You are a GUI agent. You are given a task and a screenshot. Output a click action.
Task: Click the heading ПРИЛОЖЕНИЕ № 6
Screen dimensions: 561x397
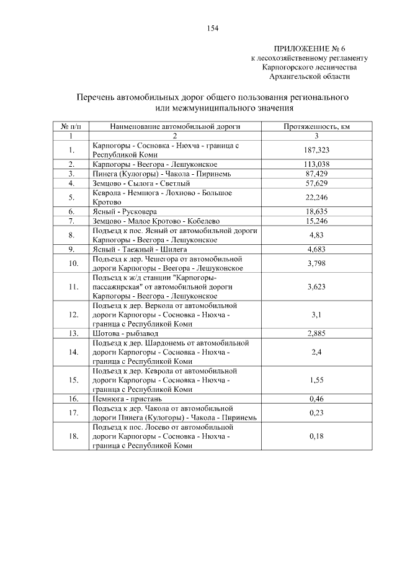308,48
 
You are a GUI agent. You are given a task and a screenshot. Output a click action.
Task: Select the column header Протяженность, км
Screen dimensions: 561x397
317,126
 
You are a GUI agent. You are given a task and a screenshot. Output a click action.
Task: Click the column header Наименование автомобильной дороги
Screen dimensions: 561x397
174,126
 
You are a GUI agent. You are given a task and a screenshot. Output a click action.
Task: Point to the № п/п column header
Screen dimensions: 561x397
71,126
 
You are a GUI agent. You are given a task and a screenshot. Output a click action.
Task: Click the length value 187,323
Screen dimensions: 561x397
317,150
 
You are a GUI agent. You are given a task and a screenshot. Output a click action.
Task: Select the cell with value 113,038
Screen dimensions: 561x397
317,164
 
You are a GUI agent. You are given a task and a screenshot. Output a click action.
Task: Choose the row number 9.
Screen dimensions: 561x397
72,249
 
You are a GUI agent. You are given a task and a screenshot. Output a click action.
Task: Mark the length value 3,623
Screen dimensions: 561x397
317,287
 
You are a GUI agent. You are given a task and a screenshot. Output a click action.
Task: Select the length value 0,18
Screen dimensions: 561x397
317,436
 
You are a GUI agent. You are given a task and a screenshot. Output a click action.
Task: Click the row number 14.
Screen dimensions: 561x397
72,352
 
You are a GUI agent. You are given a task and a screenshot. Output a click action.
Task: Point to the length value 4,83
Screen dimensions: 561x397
317,235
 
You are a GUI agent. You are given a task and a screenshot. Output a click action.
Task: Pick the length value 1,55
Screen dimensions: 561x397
317,380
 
